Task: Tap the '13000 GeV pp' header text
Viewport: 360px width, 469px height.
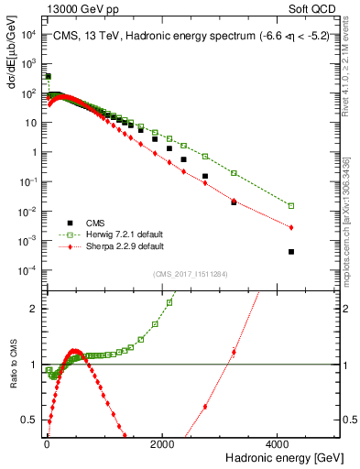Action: [x=66, y=8]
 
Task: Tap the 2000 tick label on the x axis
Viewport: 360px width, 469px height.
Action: [x=161, y=443]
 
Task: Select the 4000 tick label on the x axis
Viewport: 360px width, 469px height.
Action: [x=277, y=443]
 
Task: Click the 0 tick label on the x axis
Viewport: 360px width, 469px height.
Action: [x=47, y=443]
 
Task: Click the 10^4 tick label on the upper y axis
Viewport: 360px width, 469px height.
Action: [x=29, y=34]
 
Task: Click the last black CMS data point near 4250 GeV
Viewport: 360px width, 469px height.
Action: [x=291, y=252]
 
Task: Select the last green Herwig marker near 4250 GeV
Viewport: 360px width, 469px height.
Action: [x=291, y=206]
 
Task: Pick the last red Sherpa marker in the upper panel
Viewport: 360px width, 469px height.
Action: [x=291, y=227]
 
